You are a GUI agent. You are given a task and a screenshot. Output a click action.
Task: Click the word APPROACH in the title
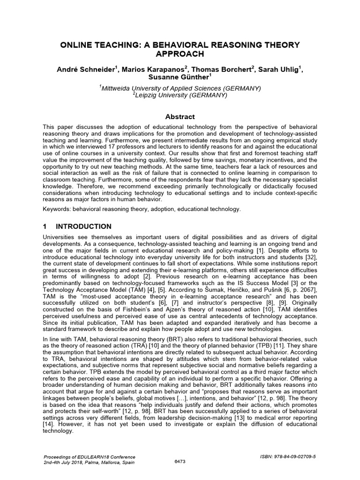[x=180, y=54]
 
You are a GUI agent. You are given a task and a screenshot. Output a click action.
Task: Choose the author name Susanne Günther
[x=179, y=77]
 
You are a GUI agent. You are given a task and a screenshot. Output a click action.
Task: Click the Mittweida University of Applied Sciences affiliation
[x=180, y=88]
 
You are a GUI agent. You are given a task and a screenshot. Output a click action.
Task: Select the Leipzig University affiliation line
[x=180, y=95]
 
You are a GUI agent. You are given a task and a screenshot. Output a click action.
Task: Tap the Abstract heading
[x=180, y=117]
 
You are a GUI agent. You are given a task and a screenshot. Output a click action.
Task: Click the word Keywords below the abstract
[x=57, y=209]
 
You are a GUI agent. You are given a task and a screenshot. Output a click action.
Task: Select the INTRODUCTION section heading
[x=83, y=226]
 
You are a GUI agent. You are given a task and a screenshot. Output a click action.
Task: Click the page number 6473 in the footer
[x=180, y=461]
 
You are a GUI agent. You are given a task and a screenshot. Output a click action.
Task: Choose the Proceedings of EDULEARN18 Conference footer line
[x=89, y=457]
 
